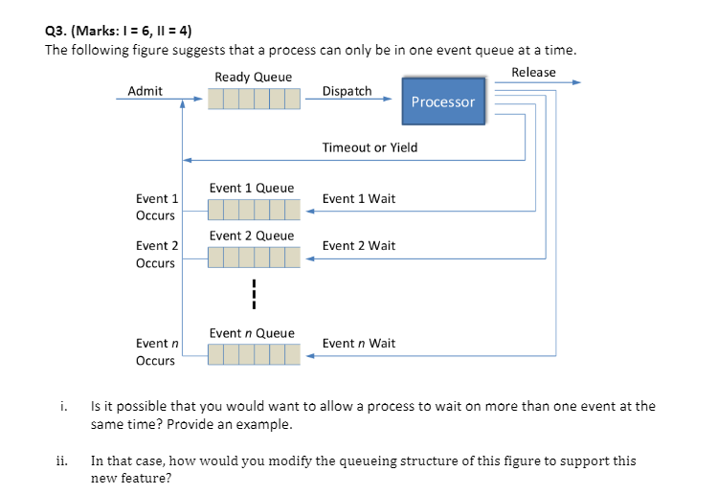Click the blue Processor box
(442, 101)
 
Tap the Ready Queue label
(254, 77)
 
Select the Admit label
(145, 91)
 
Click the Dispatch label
(347, 91)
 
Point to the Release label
(533, 73)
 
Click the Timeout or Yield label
(370, 147)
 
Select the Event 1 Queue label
(252, 188)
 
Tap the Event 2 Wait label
(359, 246)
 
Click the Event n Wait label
(359, 343)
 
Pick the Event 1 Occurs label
(156, 207)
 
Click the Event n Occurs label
(156, 351)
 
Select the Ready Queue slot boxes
(253, 99)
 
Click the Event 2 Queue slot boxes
(253, 257)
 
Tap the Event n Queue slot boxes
(253, 355)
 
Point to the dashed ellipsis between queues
(254, 294)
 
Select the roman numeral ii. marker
(60, 460)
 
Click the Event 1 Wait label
(359, 199)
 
